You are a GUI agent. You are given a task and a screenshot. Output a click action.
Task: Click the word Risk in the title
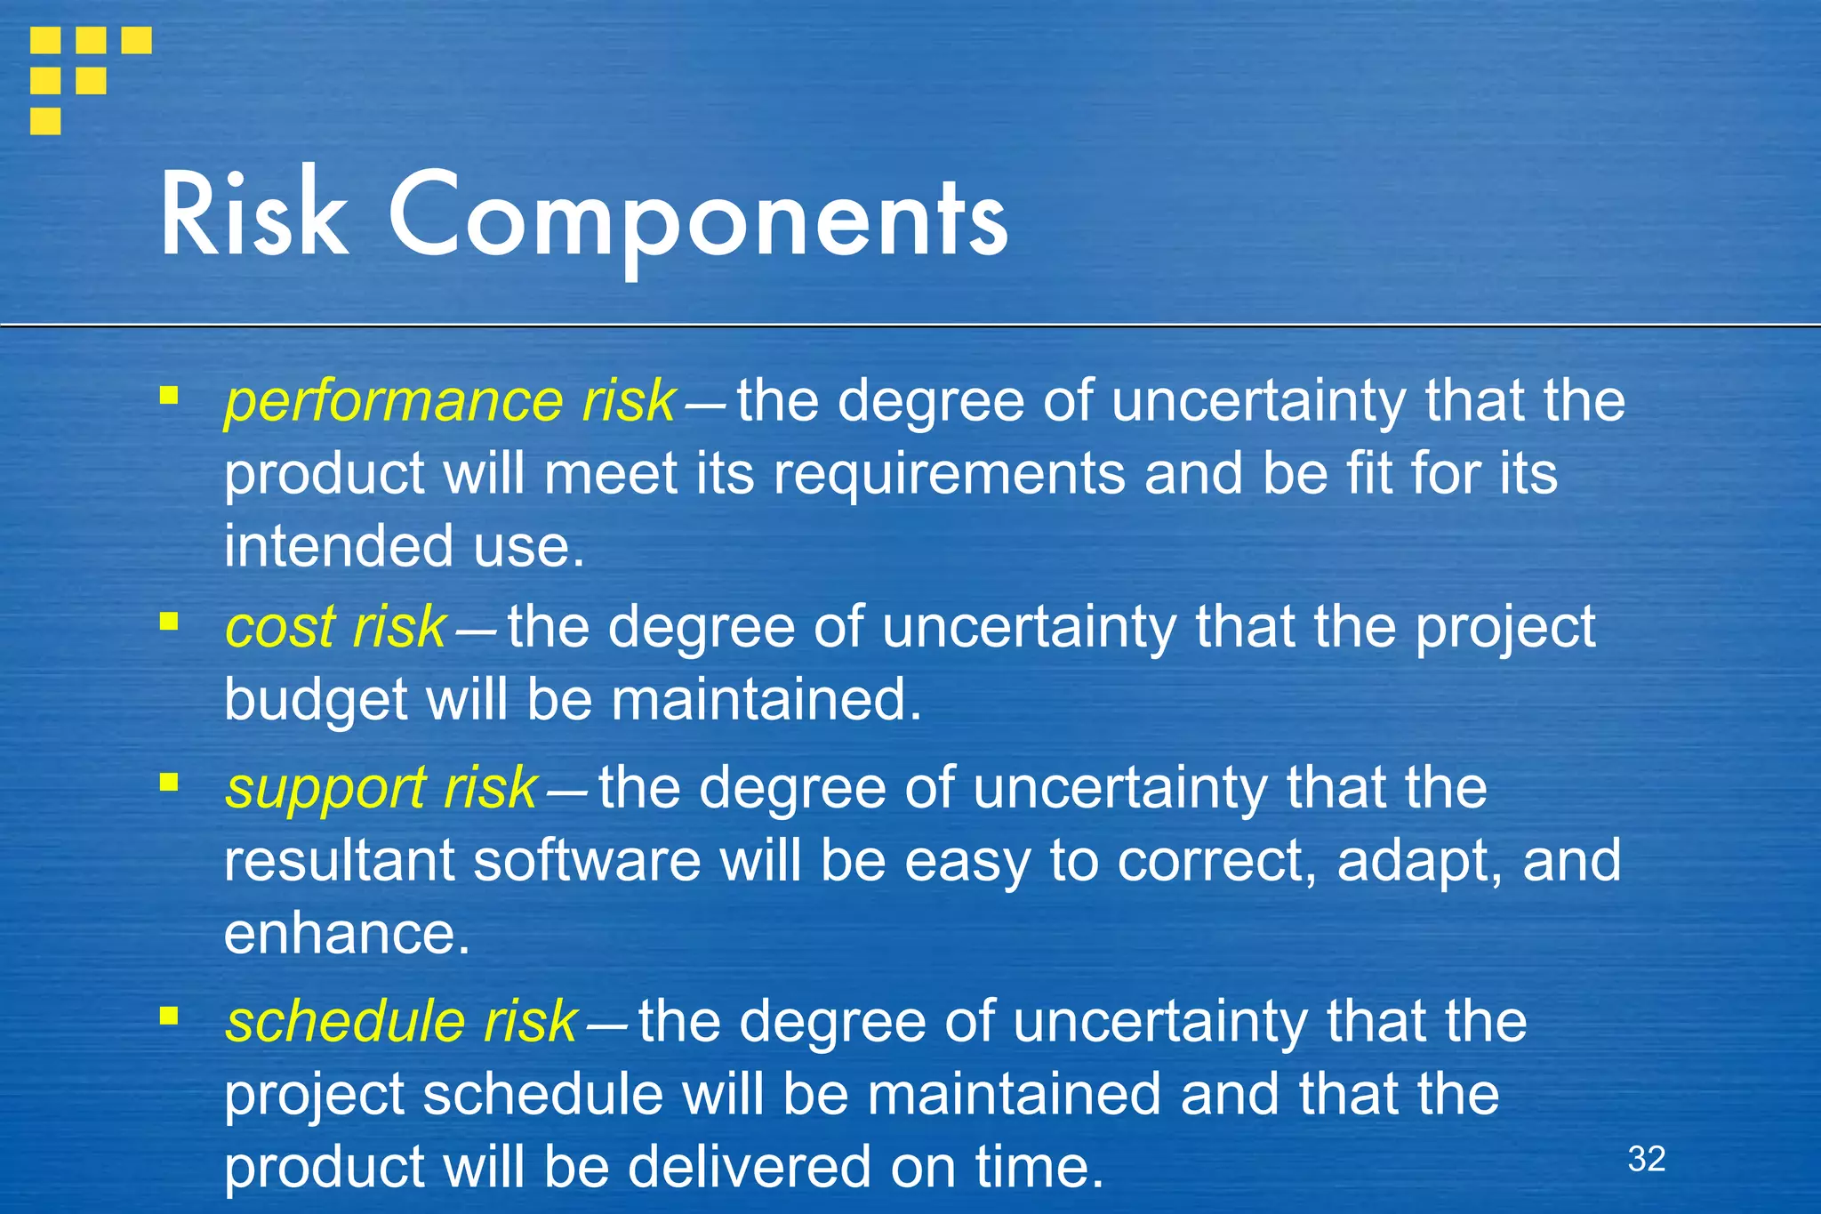coord(253,216)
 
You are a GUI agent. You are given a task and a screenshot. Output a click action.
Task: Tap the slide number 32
coord(1646,1159)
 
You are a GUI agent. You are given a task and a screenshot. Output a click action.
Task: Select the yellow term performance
coord(393,402)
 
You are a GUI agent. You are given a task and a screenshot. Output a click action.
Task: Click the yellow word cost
coord(280,627)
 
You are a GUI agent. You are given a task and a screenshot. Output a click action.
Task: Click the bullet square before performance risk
coord(169,395)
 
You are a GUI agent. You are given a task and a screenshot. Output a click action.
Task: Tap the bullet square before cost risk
coord(169,621)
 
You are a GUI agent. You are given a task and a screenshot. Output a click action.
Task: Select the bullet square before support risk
coord(169,783)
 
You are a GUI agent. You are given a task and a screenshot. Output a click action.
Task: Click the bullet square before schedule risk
coord(169,1015)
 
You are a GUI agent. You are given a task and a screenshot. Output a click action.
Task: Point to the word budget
coord(316,701)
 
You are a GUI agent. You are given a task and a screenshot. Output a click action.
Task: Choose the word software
coord(587,861)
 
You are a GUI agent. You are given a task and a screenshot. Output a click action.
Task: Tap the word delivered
coord(750,1167)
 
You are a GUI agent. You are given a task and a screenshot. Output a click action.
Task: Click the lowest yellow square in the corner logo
coord(45,121)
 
